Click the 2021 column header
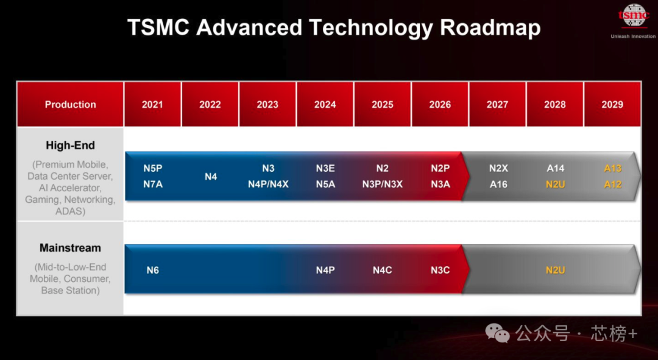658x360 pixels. [x=152, y=104]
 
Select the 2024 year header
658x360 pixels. [x=325, y=104]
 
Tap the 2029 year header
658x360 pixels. [x=612, y=104]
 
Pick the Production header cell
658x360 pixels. [x=70, y=104]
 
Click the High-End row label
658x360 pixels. [x=70, y=146]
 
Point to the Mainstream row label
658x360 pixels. [x=70, y=248]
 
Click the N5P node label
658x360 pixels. [x=153, y=169]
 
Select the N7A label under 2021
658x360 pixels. [x=153, y=184]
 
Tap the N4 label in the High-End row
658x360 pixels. [x=211, y=177]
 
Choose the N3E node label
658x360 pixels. [x=325, y=169]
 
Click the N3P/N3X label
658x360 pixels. [x=383, y=184]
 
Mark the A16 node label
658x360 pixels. [x=498, y=184]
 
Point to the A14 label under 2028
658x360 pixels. [x=556, y=169]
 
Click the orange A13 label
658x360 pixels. [x=612, y=169]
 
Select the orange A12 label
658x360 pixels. [x=612, y=184]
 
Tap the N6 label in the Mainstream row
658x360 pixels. [x=153, y=270]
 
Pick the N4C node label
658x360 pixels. [x=383, y=270]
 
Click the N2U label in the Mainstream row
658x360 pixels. [x=555, y=270]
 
